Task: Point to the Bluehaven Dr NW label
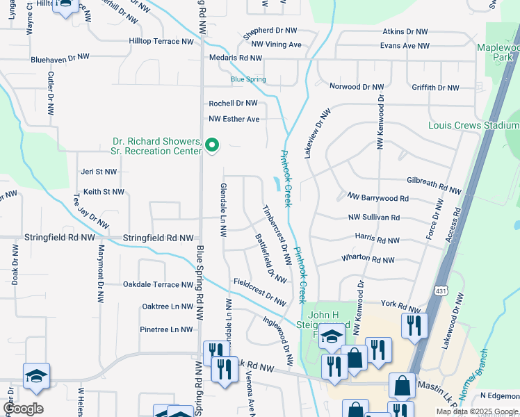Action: [x=60, y=59]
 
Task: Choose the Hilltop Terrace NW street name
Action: [x=161, y=42]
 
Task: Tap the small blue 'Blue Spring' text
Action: [x=248, y=79]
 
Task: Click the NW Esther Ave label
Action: [x=234, y=119]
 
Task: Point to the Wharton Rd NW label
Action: [x=368, y=259]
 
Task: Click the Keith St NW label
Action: [x=104, y=191]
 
